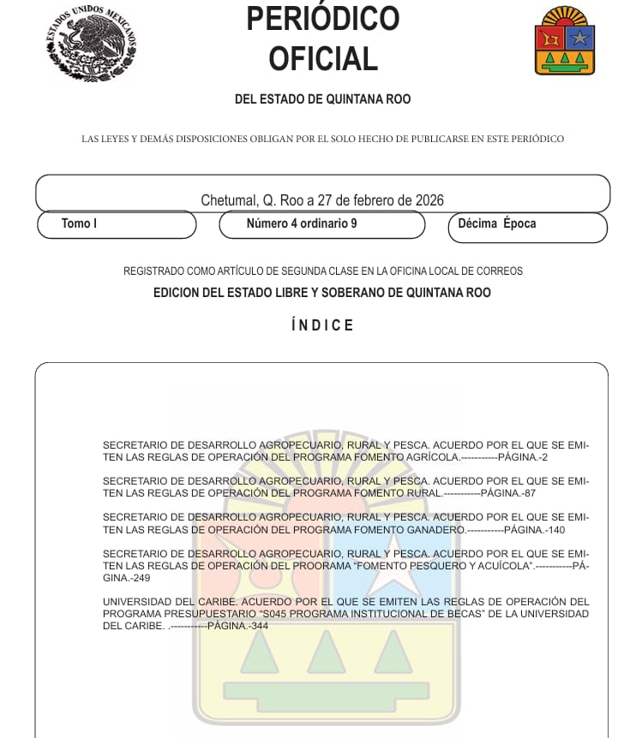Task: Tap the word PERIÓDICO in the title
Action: coord(322,19)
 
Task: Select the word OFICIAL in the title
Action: coord(322,59)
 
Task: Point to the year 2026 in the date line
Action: coord(429,200)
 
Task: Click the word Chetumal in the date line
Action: coord(228,200)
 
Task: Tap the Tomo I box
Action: coord(117,224)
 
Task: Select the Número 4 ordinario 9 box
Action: coord(321,224)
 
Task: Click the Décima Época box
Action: coord(526,227)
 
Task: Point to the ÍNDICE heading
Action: coord(322,325)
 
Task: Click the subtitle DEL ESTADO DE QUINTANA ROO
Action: coord(322,99)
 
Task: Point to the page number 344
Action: coord(260,626)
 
